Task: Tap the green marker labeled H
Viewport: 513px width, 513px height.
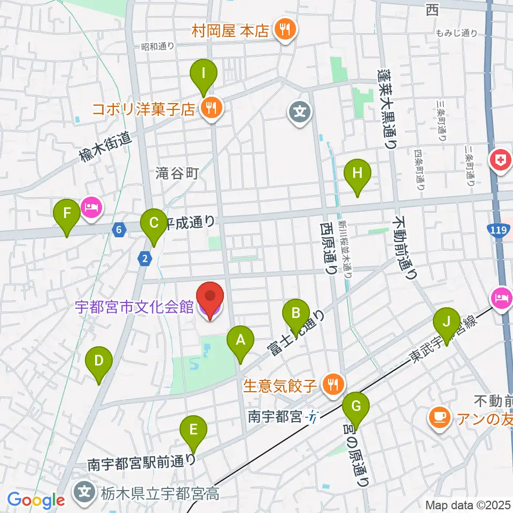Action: coord(357,174)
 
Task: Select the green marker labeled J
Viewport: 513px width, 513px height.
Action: coord(446,322)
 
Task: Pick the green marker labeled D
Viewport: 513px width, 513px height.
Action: coord(99,361)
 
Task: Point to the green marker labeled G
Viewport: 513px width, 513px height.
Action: coord(356,407)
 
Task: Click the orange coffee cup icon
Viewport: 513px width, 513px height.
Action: coord(440,416)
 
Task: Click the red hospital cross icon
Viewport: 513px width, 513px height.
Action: coord(501,160)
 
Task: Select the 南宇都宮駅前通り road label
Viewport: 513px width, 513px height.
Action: coord(142,463)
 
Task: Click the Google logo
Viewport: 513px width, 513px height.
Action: coord(36,501)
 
